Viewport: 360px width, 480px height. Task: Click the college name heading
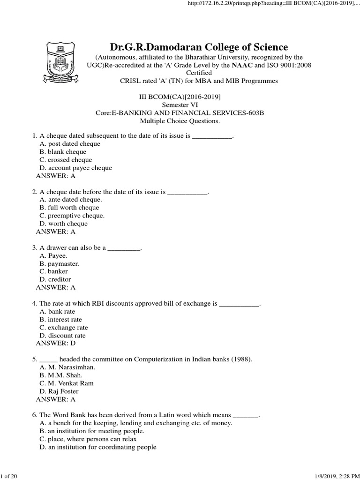point(199,47)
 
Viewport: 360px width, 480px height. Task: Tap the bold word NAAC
point(242,65)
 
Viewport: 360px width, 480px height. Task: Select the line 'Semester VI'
point(180,105)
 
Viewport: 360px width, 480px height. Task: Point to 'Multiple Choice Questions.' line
point(180,121)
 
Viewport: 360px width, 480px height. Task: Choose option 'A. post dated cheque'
point(70,144)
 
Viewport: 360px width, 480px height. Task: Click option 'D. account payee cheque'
point(76,168)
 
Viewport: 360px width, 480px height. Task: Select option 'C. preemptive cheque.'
point(72,216)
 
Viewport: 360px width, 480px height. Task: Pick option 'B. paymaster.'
point(60,263)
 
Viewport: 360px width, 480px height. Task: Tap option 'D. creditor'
point(55,279)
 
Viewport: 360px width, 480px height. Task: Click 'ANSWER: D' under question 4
point(56,344)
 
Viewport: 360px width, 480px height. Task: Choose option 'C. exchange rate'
point(64,328)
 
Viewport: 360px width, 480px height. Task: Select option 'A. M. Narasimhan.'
point(67,367)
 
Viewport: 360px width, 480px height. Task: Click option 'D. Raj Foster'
point(59,391)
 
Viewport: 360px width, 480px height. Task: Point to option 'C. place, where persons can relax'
point(88,439)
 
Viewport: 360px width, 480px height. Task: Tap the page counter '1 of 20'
point(9,476)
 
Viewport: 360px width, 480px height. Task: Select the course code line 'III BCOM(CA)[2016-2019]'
point(180,97)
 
